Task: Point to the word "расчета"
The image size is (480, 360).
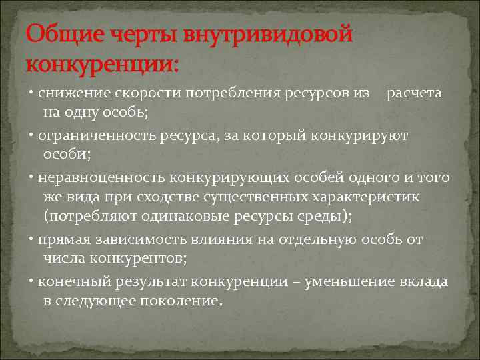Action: pos(414,93)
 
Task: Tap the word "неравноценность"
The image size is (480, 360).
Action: pos(101,179)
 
